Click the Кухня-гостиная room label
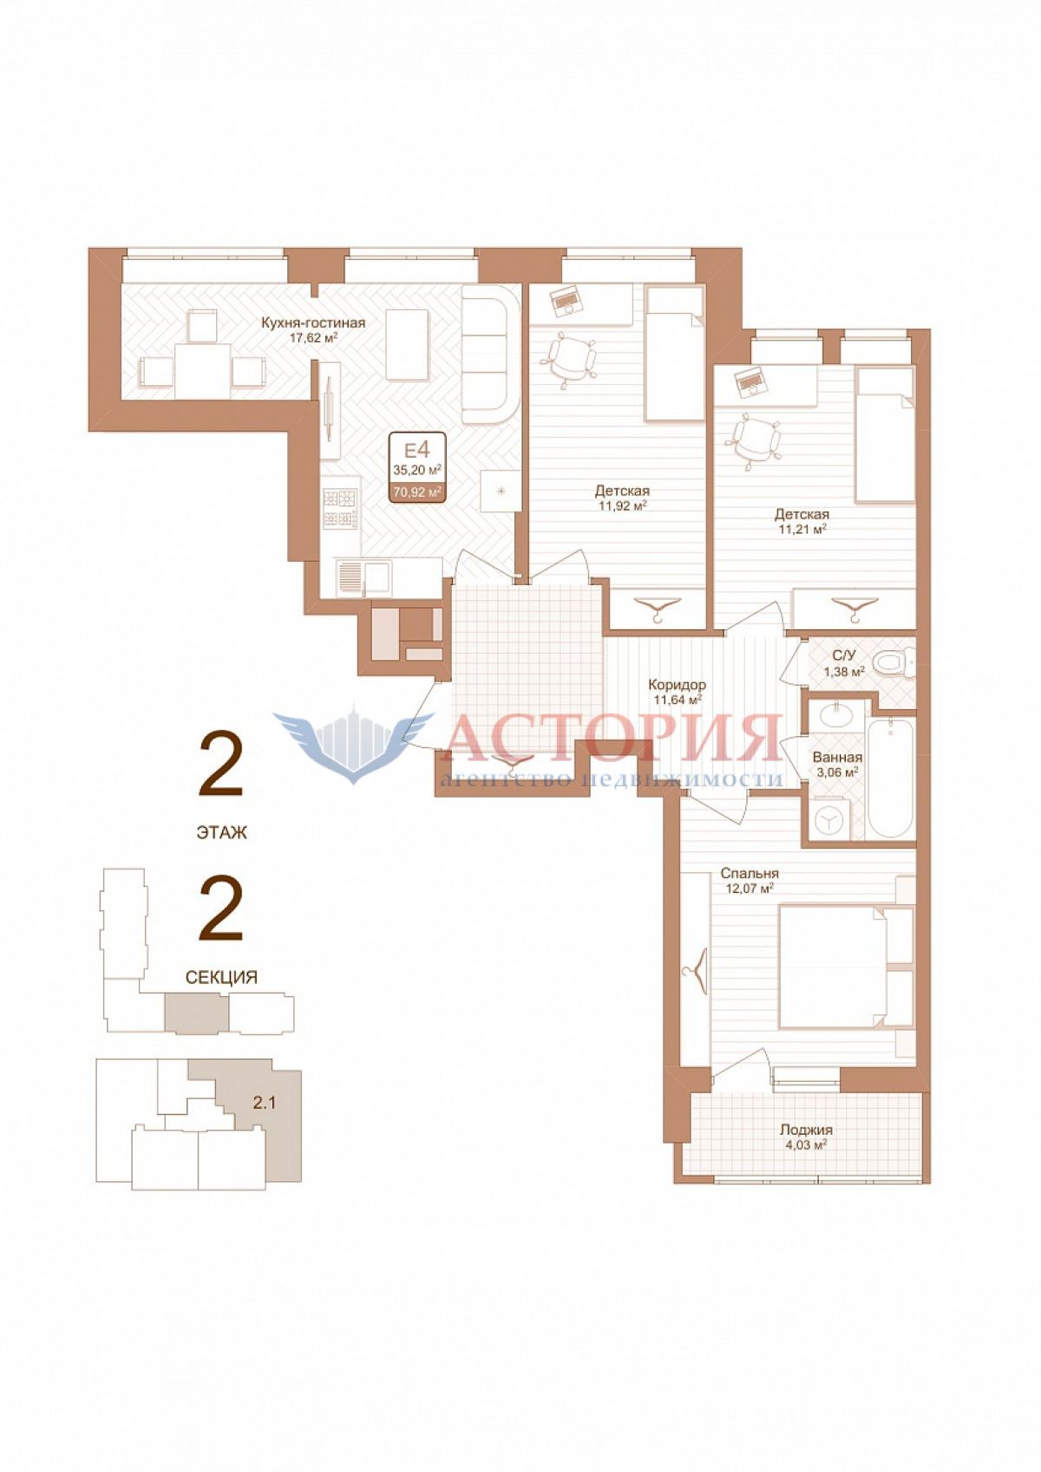pos(313,322)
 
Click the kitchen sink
pos(363,577)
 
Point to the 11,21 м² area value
pos(801,528)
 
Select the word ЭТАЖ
pos(221,832)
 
